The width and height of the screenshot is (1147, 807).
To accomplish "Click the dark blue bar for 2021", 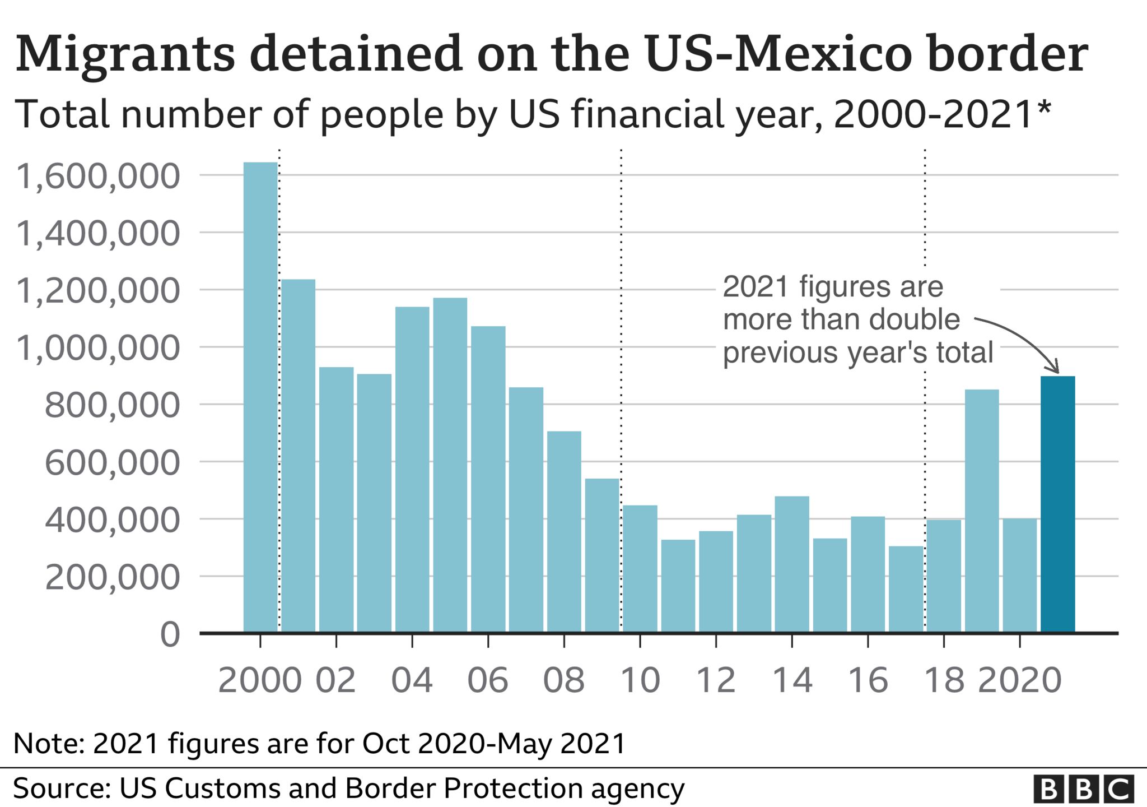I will (x=1057, y=504).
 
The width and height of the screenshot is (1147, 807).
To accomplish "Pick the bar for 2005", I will (x=450, y=465).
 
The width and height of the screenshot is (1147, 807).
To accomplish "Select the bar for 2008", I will (x=564, y=532).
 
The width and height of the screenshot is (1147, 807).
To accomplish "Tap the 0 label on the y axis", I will (x=170, y=635).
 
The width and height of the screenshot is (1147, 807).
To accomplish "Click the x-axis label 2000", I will (x=260, y=680).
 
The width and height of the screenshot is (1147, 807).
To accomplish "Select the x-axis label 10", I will (x=640, y=680).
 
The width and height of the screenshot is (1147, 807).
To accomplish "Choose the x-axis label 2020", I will (x=1019, y=680).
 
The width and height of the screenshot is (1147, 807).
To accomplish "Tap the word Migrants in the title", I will (x=125, y=55).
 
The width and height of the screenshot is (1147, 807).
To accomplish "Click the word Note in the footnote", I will (x=47, y=744).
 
